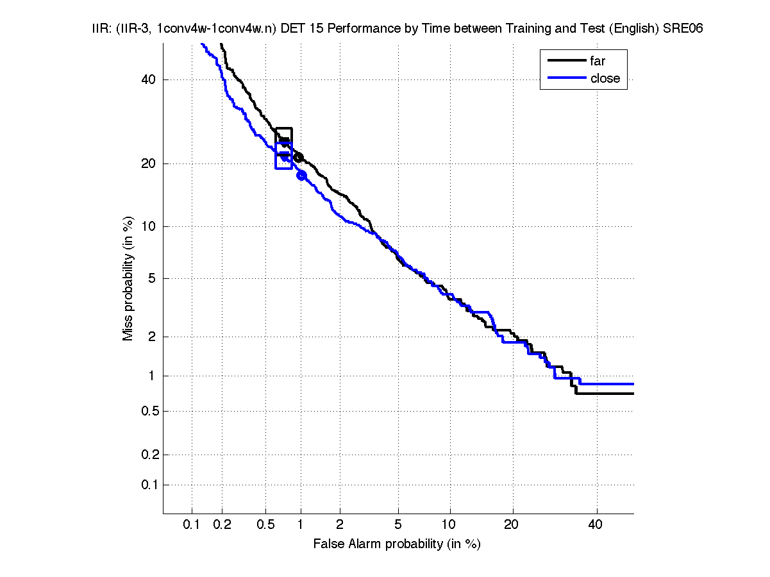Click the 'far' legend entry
tap(598, 62)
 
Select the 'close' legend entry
tap(605, 78)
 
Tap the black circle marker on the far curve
tap(298, 157)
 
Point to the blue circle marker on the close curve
tap(301, 175)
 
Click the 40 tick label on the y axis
tap(148, 80)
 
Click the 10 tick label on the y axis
tap(148, 226)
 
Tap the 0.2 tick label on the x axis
tap(222, 525)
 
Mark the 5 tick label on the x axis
tap(398, 525)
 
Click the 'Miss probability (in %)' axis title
tap(129, 279)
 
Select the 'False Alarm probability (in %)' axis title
tap(397, 544)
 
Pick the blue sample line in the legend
tap(566, 78)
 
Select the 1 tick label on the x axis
tap(301, 525)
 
